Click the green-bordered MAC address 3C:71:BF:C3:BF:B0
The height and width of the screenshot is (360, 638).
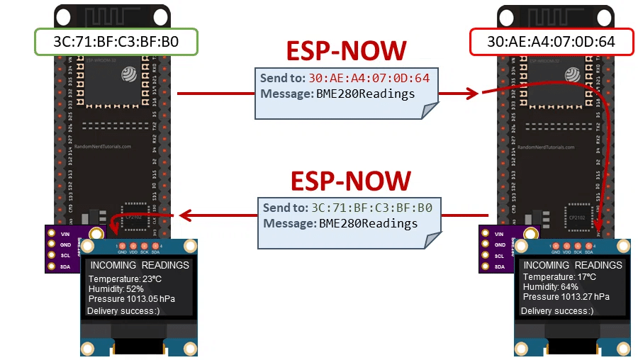click(x=116, y=42)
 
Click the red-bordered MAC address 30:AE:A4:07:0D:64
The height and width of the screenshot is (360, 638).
click(x=551, y=42)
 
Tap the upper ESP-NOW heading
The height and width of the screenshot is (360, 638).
click(x=346, y=51)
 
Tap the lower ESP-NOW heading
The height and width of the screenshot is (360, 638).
click(x=350, y=181)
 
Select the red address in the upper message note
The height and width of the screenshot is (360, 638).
click(x=369, y=78)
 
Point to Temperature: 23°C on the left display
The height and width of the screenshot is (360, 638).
click(x=125, y=279)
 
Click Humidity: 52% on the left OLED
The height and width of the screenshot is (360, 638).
click(x=116, y=289)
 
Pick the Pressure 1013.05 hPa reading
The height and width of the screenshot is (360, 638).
click(x=131, y=299)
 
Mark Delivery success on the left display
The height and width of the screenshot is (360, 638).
click(x=123, y=311)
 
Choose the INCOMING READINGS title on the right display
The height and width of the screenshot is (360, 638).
click(x=573, y=265)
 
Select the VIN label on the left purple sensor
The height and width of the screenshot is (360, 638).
click(x=64, y=233)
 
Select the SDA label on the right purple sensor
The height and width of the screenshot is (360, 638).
click(x=499, y=266)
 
